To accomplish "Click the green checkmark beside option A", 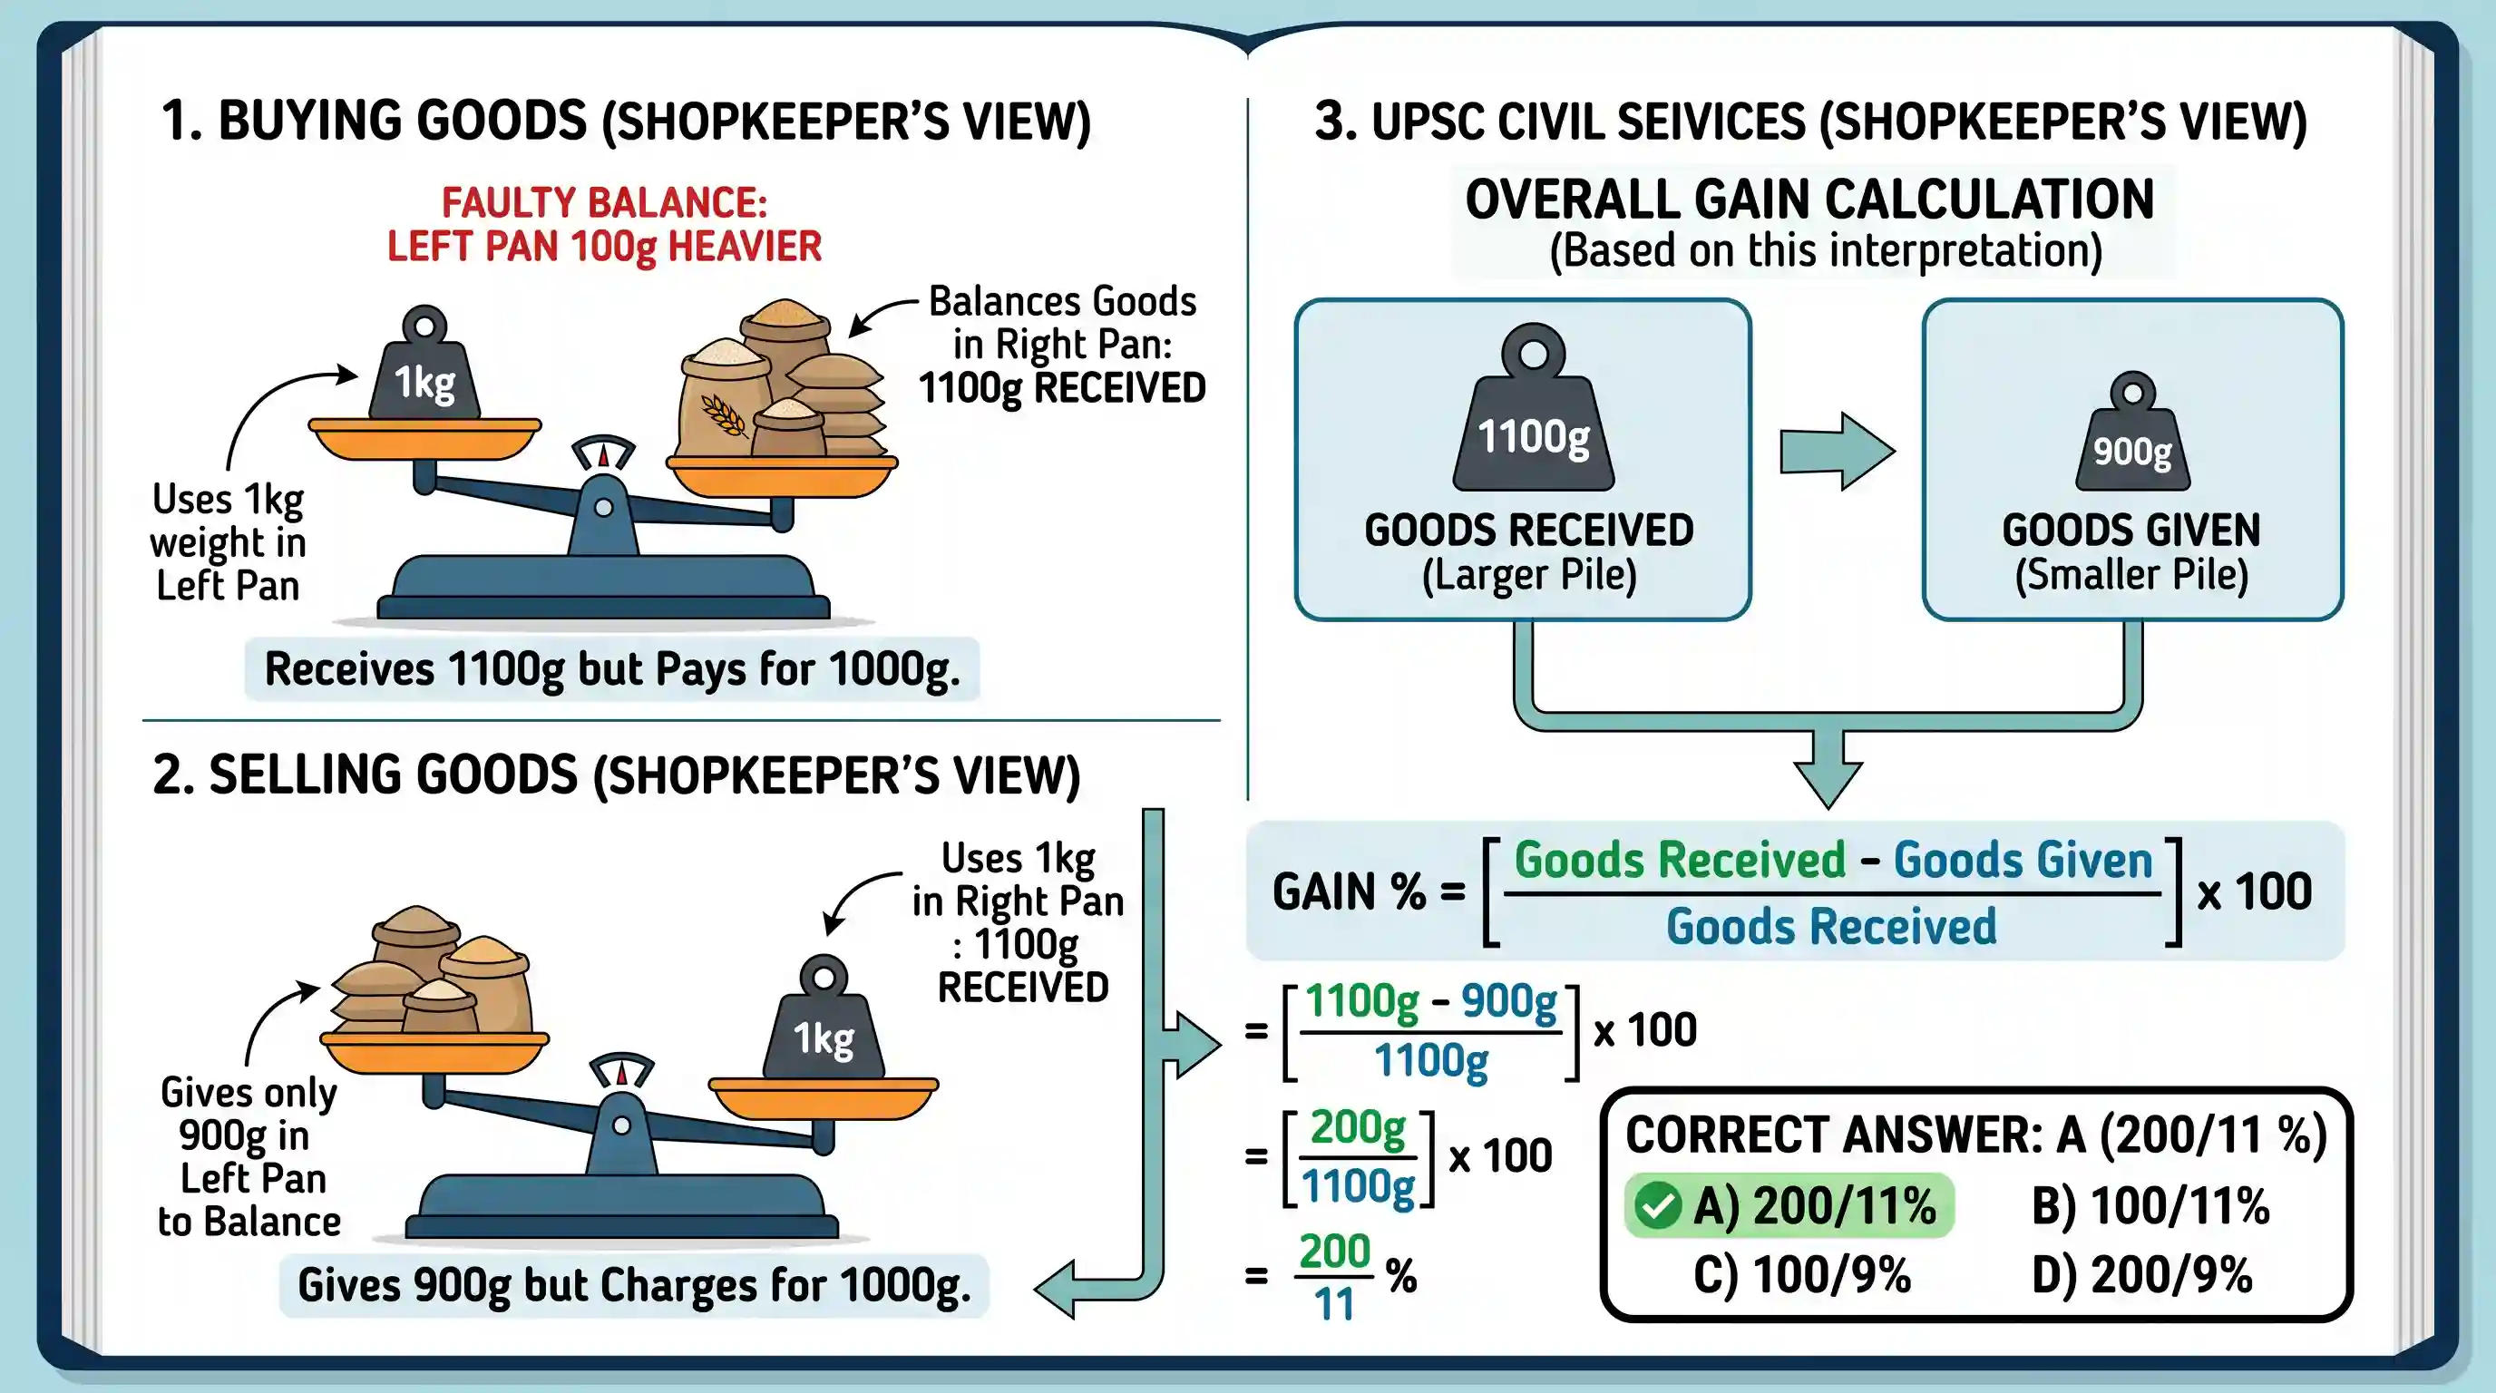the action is pos(1657,1206).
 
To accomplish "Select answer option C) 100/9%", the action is pos(1801,1275).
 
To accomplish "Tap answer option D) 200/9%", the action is pos(2141,1275).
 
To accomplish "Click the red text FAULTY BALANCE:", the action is pos(605,203).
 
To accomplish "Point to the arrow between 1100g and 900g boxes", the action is pos(1838,452).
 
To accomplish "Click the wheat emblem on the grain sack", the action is pos(723,414).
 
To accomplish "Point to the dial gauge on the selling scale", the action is pos(622,1071).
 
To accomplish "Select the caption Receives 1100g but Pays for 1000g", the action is pos(612,669).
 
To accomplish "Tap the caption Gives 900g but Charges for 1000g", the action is pos(634,1285).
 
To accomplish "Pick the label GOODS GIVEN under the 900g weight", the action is pos(2130,531).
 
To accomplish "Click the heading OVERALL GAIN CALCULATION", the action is pos(1809,200).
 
